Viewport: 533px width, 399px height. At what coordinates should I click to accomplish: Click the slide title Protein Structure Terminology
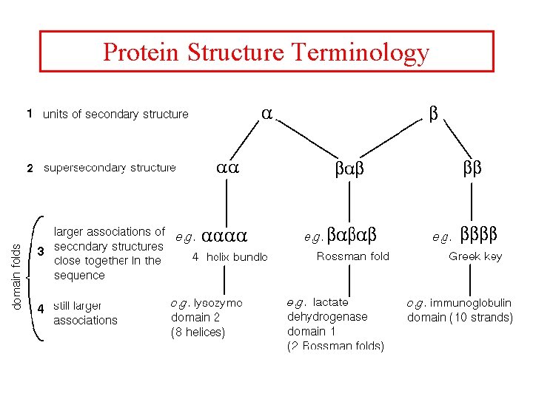point(266,52)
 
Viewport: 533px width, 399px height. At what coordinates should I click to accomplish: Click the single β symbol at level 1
point(435,113)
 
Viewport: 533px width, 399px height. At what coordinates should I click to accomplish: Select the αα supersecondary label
point(227,168)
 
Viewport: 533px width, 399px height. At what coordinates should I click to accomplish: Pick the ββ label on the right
point(472,168)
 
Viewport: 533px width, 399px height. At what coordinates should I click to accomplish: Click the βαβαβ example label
point(353,236)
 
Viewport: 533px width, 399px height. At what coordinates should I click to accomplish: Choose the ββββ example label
point(479,236)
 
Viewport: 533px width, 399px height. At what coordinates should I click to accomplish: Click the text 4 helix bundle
point(229,257)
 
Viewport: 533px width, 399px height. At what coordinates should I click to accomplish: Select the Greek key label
point(475,256)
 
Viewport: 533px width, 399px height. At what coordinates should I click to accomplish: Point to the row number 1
point(28,114)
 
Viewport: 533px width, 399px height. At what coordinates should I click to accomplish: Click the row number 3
point(41,252)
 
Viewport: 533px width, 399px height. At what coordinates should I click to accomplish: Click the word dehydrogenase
point(326,316)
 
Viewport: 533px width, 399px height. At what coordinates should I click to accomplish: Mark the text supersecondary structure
point(110,168)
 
